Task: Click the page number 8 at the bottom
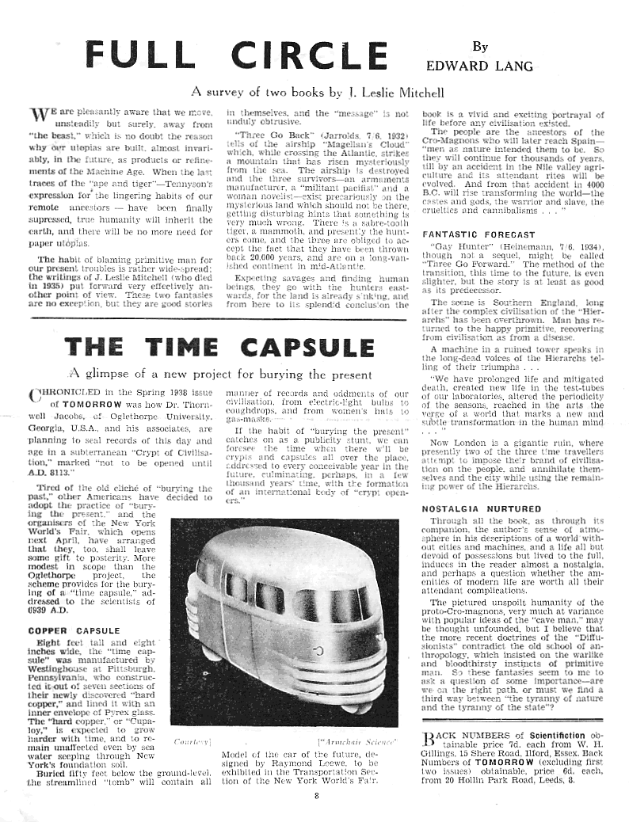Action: pyautogui.click(x=315, y=796)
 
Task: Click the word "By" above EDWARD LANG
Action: pyautogui.click(x=480, y=47)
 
